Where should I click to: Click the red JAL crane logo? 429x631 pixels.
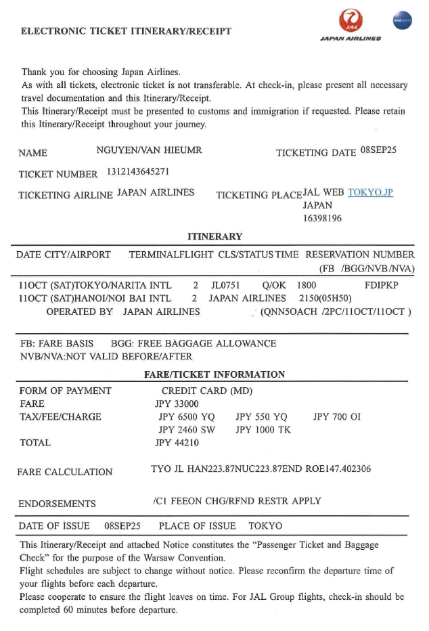click(x=351, y=20)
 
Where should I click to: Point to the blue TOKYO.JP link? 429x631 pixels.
click(x=370, y=192)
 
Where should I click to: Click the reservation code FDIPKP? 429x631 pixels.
click(x=382, y=285)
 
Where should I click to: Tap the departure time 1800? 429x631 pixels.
click(x=307, y=285)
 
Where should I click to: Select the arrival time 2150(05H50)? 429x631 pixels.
click(x=320, y=298)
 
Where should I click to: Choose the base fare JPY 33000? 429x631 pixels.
click(x=177, y=404)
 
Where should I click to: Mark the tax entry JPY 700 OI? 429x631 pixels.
click(x=337, y=417)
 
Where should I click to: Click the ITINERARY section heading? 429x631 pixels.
click(x=214, y=237)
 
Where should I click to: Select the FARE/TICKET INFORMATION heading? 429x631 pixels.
click(x=214, y=374)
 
